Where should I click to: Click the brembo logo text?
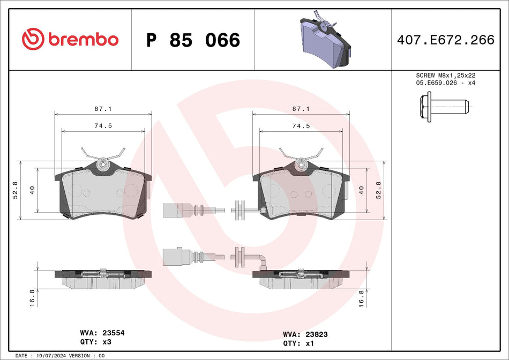pyautogui.click(x=83, y=40)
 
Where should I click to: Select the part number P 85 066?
pyautogui.click(x=193, y=40)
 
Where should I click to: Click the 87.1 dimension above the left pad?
pyautogui.click(x=104, y=109)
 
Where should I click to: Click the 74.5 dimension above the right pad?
pyautogui.click(x=302, y=126)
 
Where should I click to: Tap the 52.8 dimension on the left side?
pyautogui.click(x=15, y=190)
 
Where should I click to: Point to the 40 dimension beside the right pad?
pyautogui.click(x=362, y=190)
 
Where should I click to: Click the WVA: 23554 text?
pyautogui.click(x=102, y=333)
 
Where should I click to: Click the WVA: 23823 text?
pyautogui.click(x=305, y=334)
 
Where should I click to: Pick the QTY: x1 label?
pyautogui.click(x=297, y=343)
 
